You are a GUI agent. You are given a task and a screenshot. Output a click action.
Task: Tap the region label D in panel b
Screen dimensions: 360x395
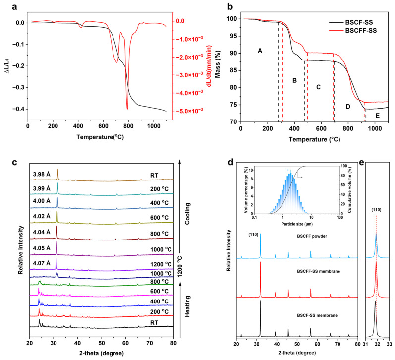[348, 106]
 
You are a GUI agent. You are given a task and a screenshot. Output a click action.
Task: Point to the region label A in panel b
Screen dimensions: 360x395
[259, 51]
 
